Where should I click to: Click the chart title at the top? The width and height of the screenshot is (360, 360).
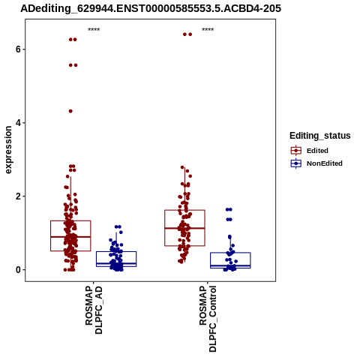[x=151, y=8]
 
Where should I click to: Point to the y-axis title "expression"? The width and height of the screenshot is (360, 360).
[x=8, y=150]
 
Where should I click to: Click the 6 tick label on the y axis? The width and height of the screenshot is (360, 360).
[x=18, y=49]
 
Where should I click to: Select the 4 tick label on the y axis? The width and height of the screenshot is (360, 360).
[x=18, y=123]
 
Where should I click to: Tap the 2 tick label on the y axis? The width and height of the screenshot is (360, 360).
[x=18, y=196]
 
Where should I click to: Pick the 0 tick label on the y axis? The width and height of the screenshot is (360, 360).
[x=18, y=270]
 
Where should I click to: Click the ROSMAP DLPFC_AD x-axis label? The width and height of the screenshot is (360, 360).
[x=94, y=310]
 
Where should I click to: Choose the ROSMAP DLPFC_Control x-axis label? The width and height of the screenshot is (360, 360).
[x=208, y=319]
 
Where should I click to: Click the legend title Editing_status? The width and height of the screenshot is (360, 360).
[x=320, y=136]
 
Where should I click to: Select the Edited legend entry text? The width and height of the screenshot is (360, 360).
[x=317, y=151]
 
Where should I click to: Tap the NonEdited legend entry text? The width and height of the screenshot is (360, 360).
[x=325, y=163]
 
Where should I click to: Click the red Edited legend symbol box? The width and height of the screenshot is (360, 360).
[x=296, y=151]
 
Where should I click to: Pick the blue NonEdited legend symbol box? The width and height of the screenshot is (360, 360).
[x=296, y=163]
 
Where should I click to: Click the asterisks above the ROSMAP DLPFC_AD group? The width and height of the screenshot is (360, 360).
[x=94, y=29]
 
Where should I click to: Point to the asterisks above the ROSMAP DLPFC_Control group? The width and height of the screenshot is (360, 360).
[x=208, y=29]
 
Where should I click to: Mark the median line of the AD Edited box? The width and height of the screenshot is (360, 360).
[x=70, y=236]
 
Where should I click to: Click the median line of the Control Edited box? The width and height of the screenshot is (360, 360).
[x=184, y=228]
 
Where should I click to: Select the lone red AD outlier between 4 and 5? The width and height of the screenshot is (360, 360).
[x=70, y=111]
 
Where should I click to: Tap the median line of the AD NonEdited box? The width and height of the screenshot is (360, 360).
[x=116, y=264]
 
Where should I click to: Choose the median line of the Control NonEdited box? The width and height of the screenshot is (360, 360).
[x=230, y=265]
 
